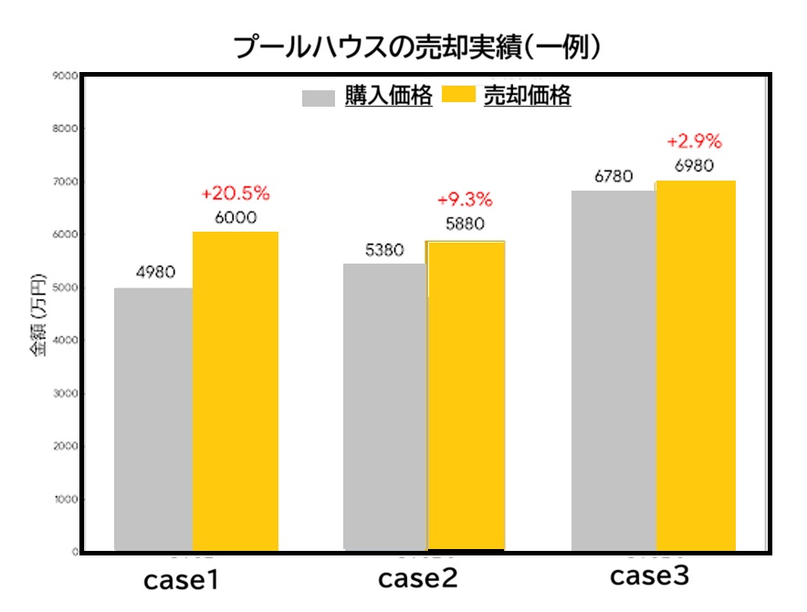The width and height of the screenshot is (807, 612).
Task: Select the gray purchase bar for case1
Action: (x=153, y=420)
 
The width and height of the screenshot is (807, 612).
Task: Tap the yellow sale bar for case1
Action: (x=236, y=392)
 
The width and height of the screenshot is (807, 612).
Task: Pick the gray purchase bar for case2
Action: (x=385, y=407)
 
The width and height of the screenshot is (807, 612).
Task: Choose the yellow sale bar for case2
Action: (x=466, y=396)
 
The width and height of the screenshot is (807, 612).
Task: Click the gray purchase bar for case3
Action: (x=613, y=370)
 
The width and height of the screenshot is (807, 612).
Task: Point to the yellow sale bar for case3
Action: (x=696, y=365)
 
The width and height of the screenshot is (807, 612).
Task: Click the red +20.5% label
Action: (x=236, y=194)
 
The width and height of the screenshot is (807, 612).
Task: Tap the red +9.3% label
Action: (x=465, y=200)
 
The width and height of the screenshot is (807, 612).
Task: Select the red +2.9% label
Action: (x=695, y=142)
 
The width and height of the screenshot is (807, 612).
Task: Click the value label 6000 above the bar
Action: (x=236, y=218)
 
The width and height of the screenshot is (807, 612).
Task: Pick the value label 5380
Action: (x=383, y=250)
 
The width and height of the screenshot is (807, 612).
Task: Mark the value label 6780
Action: (x=613, y=176)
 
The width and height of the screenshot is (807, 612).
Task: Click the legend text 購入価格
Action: (x=388, y=97)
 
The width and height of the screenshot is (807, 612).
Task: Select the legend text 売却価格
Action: (x=527, y=97)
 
